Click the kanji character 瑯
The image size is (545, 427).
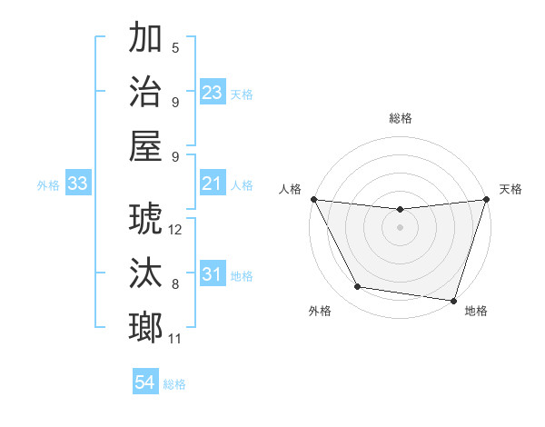(x=145, y=327)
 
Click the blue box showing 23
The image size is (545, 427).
(x=213, y=93)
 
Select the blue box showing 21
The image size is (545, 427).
(x=213, y=184)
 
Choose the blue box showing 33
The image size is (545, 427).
(x=78, y=184)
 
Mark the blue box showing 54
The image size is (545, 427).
(x=145, y=383)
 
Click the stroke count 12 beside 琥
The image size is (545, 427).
(x=175, y=230)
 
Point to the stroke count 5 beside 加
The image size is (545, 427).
(x=175, y=48)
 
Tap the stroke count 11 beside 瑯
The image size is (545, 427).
(x=175, y=339)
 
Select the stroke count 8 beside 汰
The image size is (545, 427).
(x=175, y=284)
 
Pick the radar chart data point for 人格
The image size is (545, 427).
(x=313, y=199)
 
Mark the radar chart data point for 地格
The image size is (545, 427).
(x=453, y=300)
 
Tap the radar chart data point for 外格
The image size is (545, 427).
(x=358, y=287)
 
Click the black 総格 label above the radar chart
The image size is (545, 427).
(x=401, y=118)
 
